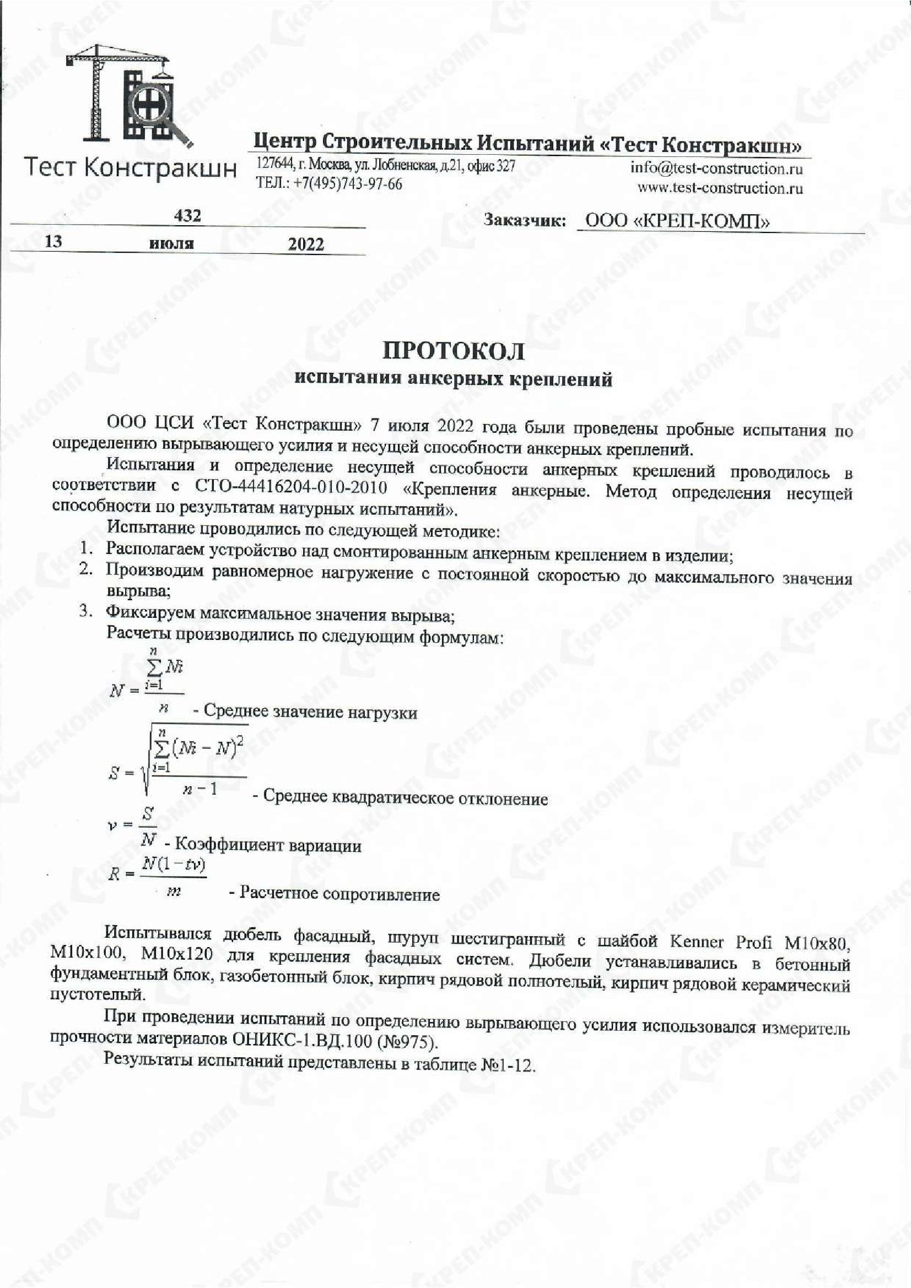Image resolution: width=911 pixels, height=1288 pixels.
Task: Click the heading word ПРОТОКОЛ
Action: tap(454, 351)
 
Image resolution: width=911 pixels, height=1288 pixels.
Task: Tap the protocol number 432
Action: tap(187, 216)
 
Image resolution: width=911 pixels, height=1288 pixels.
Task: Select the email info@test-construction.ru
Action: tap(716, 169)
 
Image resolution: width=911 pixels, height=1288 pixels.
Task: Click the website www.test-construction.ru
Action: tap(720, 188)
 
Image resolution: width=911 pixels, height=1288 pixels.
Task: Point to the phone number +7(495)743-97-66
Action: tap(347, 184)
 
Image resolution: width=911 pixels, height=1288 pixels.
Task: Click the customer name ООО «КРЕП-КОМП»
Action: tap(677, 221)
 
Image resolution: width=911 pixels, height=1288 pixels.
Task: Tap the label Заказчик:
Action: tap(524, 221)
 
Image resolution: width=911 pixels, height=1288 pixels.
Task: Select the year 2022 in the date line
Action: tap(306, 244)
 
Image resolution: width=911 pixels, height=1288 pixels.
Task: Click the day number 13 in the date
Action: tap(53, 241)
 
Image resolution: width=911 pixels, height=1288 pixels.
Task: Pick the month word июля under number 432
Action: tap(172, 244)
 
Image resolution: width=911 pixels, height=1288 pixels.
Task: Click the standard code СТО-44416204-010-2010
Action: tap(292, 487)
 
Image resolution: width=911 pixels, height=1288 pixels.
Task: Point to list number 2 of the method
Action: tap(85, 569)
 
